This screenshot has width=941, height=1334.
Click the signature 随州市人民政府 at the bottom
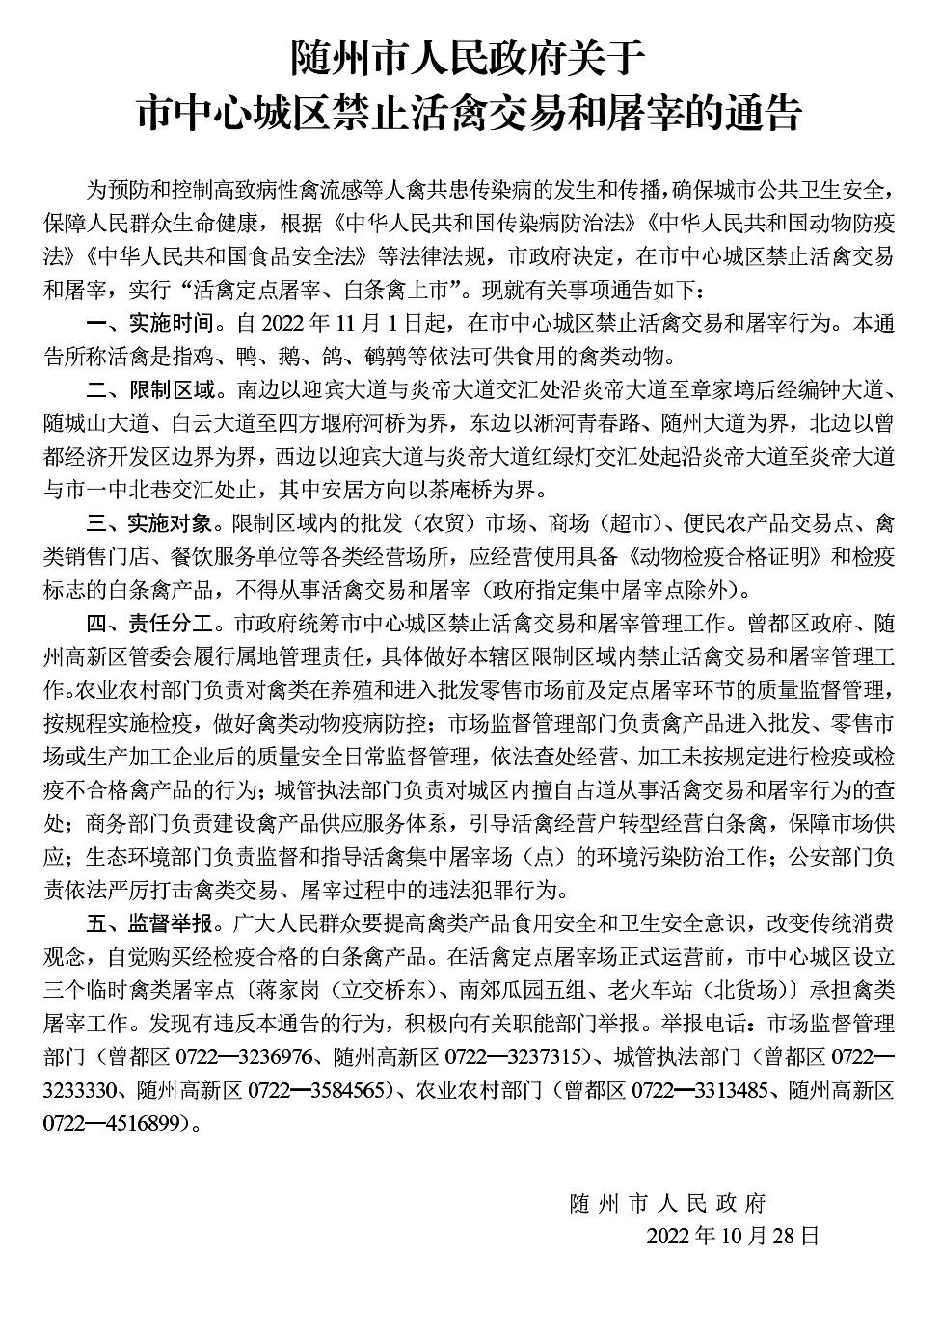[667, 1204]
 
